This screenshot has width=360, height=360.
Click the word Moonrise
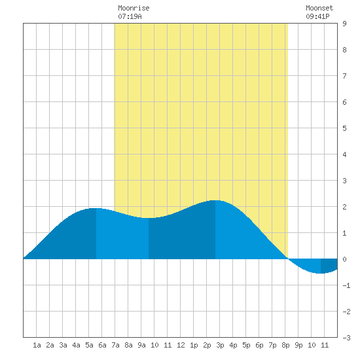134,8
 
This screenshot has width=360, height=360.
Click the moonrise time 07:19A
130,16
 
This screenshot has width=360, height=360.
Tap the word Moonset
319,8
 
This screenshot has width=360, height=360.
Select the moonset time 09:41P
317,16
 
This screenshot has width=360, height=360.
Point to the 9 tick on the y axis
344,24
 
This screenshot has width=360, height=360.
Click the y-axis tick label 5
344,128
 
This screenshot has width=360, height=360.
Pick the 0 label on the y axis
344,259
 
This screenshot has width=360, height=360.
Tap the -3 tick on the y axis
346,338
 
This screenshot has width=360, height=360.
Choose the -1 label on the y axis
346,285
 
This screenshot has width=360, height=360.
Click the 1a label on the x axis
37,345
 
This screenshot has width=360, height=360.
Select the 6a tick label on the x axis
102,345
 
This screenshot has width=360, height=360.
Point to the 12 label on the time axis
181,345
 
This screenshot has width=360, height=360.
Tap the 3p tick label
220,345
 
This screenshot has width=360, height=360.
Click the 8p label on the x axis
285,345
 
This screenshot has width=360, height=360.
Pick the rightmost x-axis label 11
325,345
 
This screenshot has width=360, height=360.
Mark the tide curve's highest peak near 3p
215,200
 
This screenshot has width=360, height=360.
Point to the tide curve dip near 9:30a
147,218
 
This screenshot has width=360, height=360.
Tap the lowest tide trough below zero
320,273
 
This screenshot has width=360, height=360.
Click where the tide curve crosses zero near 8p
288,259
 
